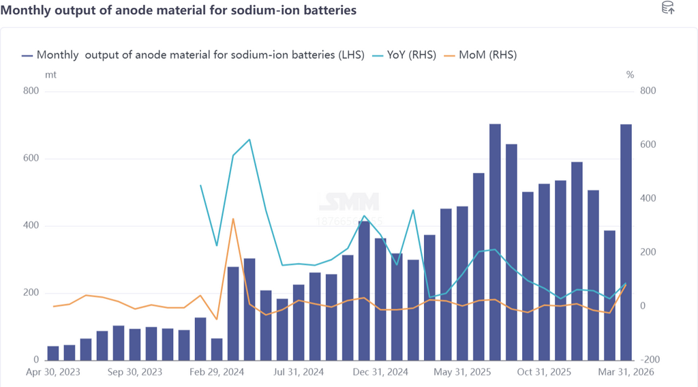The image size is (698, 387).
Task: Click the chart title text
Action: [179, 11]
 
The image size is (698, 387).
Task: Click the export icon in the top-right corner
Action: [668, 8]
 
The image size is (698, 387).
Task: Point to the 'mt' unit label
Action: [50, 74]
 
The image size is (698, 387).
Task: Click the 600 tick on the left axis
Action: [31, 159]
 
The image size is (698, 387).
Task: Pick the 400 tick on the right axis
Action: [647, 198]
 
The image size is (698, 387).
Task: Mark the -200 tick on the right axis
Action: [646, 360]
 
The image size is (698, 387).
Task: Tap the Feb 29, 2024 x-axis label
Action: [217, 372]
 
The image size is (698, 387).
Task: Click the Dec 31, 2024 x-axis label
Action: [380, 372]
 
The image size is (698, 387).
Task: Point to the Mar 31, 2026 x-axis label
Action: [626, 372]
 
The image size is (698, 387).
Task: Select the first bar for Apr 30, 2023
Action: [52, 353]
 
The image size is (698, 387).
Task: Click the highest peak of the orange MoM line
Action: [233, 219]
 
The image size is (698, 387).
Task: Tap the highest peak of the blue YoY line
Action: [249, 140]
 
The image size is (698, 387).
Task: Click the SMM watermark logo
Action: [348, 203]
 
